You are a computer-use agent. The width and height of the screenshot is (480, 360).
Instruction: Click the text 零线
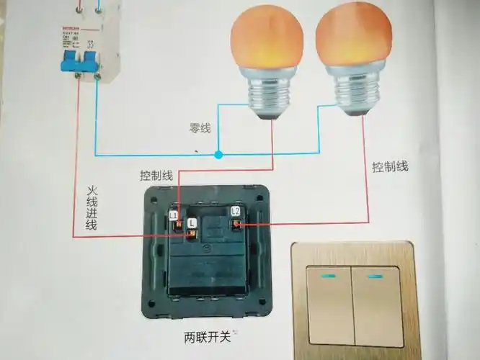click(x=200, y=128)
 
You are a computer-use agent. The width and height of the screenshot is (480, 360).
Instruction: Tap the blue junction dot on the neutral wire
click(x=218, y=154)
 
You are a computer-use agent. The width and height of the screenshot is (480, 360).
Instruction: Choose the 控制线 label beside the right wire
click(x=390, y=167)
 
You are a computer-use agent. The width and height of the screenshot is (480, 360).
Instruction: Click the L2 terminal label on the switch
click(x=235, y=210)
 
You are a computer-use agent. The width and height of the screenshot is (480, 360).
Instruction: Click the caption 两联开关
click(x=206, y=337)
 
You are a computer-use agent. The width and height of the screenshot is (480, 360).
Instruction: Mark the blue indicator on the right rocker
click(x=374, y=276)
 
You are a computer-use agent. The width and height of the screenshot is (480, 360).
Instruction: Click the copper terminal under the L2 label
click(x=235, y=225)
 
